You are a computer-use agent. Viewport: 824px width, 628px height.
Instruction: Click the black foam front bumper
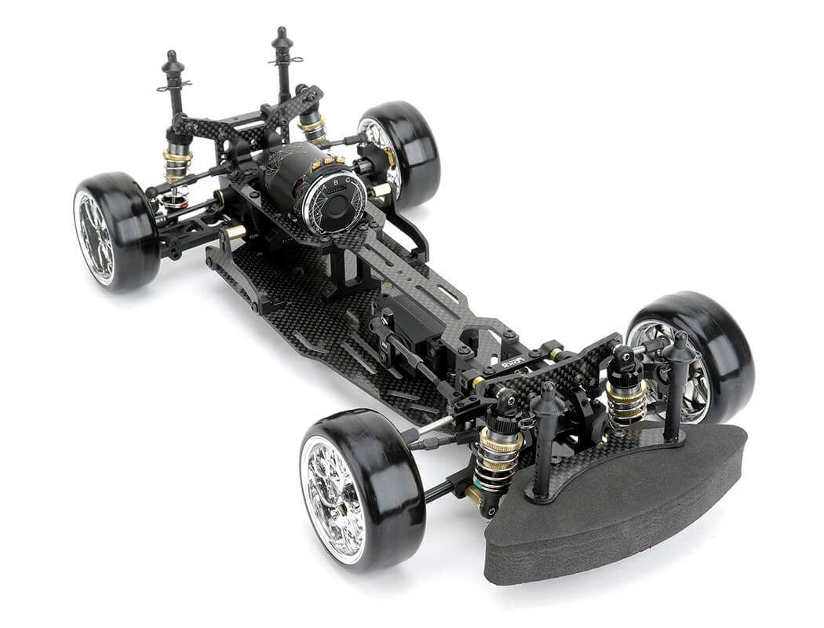coord(620,502)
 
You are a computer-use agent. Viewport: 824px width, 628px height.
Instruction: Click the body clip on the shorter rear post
coord(174,86)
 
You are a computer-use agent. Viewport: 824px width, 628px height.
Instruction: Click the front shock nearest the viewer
coord(498,455)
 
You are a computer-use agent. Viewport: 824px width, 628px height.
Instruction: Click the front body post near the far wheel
coord(676,385)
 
